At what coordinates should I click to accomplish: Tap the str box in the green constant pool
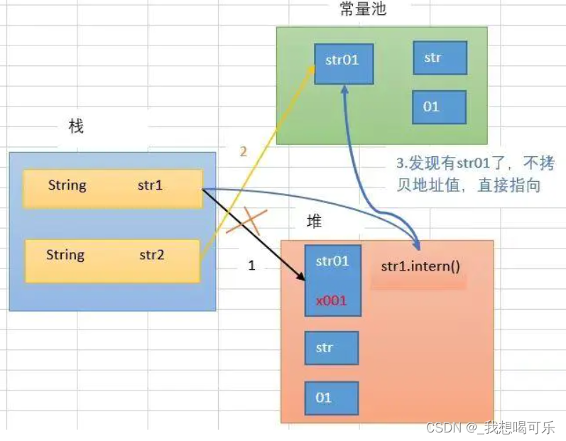440,58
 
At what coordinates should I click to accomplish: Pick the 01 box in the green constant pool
438,107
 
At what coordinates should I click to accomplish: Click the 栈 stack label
75,126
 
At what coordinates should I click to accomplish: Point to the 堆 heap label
314,222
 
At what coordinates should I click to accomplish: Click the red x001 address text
332,300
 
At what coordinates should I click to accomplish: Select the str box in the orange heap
332,348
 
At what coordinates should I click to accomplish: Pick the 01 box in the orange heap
332,398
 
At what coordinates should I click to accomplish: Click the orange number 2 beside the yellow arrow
243,151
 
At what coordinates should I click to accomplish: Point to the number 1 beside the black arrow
251,266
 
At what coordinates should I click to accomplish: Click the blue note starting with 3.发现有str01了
474,175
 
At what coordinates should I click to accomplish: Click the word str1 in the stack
151,186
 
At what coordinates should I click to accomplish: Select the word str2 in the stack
151,254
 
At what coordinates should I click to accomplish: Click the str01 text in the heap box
332,261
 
